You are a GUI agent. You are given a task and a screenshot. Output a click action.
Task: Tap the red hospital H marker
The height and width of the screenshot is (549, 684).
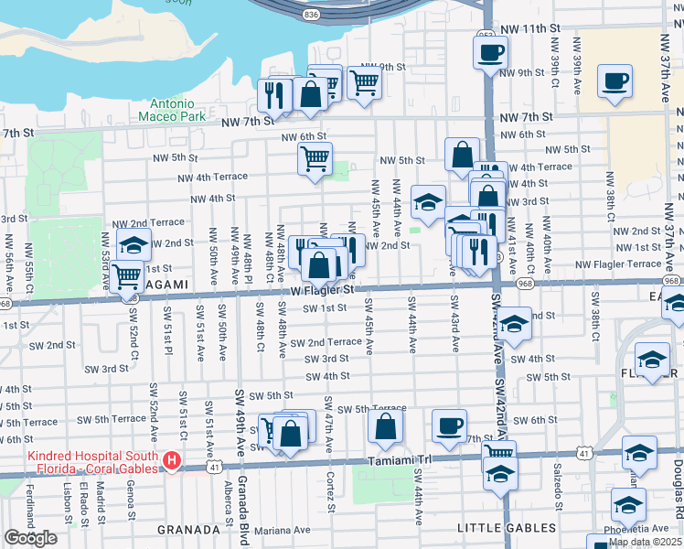pyautogui.click(x=171, y=463)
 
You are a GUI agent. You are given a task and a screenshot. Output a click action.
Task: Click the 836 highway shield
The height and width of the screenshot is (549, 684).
pyautogui.click(x=313, y=15)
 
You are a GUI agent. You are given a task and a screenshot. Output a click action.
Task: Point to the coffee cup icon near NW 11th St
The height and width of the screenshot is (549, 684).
pyautogui.click(x=490, y=52)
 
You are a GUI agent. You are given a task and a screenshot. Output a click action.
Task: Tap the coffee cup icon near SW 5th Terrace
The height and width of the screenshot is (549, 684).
pyautogui.click(x=449, y=425)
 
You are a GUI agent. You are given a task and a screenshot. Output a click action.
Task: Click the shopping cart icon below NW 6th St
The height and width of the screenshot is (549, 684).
pyautogui.click(x=315, y=157)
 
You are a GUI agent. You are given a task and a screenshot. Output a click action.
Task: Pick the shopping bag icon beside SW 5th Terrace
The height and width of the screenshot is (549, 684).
pyautogui.click(x=386, y=425)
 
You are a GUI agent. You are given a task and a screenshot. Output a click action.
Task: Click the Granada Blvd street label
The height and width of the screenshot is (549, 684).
pyautogui.click(x=244, y=508)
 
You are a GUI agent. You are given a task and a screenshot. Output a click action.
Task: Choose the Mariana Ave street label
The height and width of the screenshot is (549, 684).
pyautogui.click(x=282, y=530)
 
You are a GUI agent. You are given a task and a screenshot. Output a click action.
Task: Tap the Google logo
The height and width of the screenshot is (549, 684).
pyautogui.click(x=31, y=538)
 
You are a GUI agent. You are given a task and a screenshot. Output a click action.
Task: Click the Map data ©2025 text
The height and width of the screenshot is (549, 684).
pyautogui.click(x=646, y=542)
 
